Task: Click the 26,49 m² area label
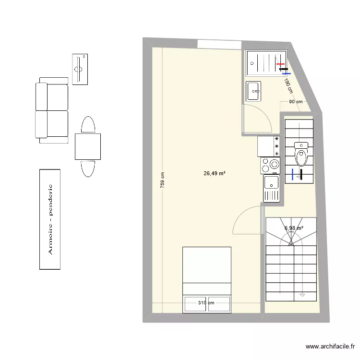(215, 174)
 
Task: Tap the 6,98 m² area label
(294, 228)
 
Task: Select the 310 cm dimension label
(206, 303)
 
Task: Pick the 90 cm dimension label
(295, 102)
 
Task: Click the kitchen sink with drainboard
(271, 188)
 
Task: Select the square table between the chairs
(88, 146)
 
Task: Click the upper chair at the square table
(88, 124)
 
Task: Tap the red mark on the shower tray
(280, 64)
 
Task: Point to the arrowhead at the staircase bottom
(302, 295)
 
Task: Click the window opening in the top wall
(219, 44)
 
